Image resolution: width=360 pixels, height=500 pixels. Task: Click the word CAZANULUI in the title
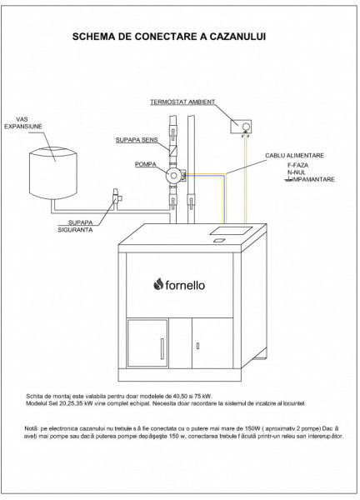click(x=237, y=37)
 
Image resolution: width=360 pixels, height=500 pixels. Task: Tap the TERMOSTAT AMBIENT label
click(x=182, y=102)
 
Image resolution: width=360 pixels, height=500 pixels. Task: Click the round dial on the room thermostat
click(x=246, y=127)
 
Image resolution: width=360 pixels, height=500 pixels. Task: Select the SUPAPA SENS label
click(x=137, y=140)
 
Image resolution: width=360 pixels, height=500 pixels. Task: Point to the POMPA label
click(x=145, y=164)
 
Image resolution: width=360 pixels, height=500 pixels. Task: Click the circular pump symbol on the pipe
click(x=173, y=175)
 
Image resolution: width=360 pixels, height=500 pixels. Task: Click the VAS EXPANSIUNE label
click(x=23, y=123)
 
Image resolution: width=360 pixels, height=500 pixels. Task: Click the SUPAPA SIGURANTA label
click(x=76, y=226)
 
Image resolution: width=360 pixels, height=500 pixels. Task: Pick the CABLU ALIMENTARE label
click(x=294, y=156)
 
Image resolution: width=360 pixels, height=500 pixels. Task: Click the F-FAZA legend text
click(x=297, y=165)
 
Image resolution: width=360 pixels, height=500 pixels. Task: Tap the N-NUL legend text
click(x=297, y=172)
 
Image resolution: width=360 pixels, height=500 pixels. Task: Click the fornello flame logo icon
click(x=158, y=284)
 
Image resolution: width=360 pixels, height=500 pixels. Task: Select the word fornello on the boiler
click(x=185, y=285)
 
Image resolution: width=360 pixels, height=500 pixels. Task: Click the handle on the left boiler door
click(x=162, y=349)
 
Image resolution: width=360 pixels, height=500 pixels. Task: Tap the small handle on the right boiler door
click(x=197, y=346)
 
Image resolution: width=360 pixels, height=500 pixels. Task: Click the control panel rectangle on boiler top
click(x=231, y=230)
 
